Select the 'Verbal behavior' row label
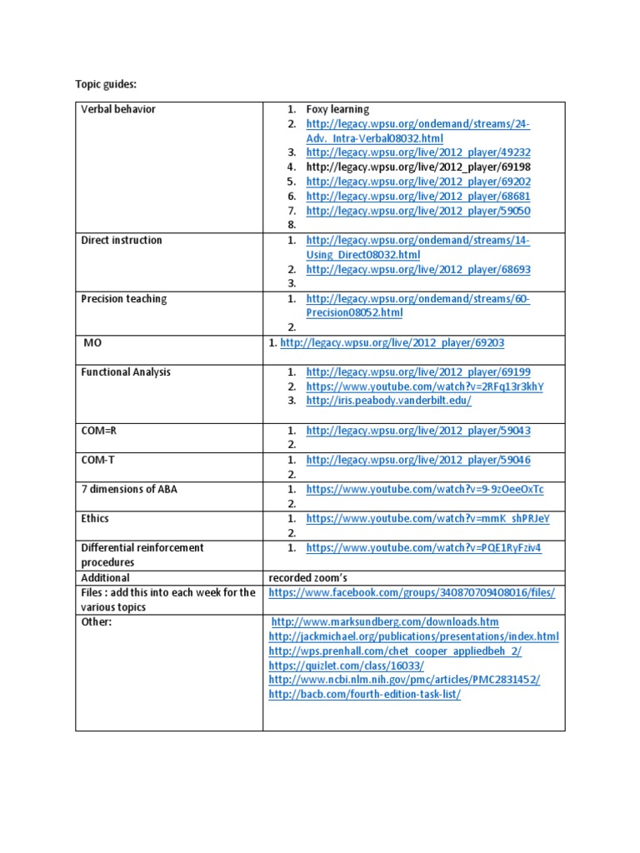[118, 109]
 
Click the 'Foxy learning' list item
[337, 109]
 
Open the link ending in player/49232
[418, 153]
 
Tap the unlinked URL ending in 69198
[418, 167]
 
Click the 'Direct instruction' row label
[122, 241]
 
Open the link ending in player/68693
[418, 270]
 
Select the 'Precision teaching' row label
[124, 299]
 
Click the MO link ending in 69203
[392, 343]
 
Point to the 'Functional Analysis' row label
[126, 372]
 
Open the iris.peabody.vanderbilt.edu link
[388, 401]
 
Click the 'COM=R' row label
[99, 431]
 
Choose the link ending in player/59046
[418, 460]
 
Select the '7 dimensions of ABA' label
[129, 489]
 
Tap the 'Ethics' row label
[95, 518]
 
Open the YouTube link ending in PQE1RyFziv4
[423, 548]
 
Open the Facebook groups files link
[411, 592]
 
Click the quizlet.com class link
[346, 666]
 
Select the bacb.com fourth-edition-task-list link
[364, 695]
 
